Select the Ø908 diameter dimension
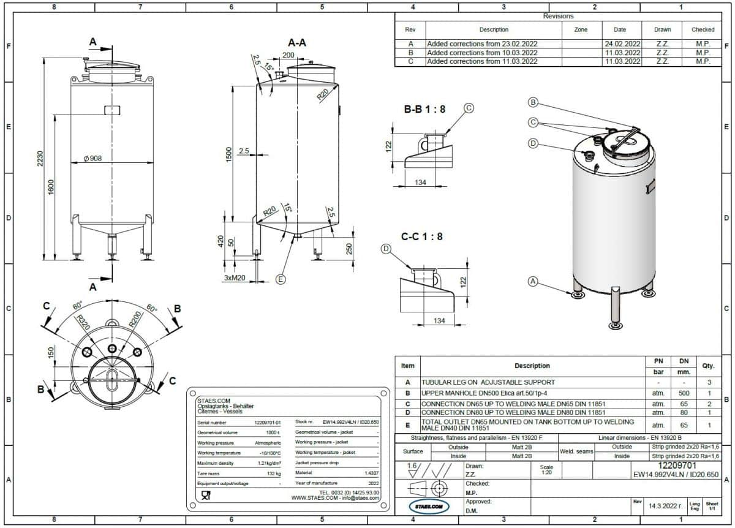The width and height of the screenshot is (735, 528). point(92,159)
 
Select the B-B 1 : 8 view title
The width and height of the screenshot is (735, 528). point(424,110)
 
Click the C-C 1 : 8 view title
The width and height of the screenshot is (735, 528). point(421,236)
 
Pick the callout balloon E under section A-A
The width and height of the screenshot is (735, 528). point(281,279)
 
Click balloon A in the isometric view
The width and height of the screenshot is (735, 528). point(533,281)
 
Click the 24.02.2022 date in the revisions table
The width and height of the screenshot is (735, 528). point(622,44)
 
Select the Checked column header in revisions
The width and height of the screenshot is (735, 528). point(703,29)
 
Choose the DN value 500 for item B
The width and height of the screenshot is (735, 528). point(684,393)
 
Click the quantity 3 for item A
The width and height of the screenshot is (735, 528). point(709,382)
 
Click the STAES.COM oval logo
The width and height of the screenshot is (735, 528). point(429,507)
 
